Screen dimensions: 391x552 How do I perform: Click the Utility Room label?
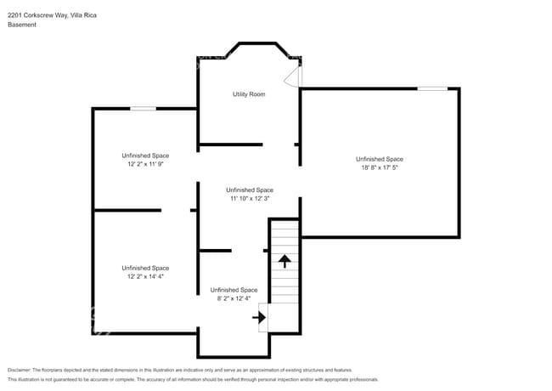249,94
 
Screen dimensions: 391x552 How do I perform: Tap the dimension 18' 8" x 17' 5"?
379,168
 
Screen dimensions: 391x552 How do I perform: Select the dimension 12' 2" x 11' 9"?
144,165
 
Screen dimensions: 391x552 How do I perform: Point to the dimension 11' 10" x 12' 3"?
249,199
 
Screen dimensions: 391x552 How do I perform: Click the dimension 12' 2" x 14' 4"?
144,277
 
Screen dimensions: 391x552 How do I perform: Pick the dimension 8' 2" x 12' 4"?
234,299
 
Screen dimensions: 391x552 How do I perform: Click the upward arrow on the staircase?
285,260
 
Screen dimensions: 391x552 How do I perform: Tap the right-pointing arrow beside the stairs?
260,318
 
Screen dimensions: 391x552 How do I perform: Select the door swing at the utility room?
293,76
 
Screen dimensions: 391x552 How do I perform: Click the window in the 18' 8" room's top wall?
432,88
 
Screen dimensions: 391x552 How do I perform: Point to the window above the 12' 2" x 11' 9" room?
143,108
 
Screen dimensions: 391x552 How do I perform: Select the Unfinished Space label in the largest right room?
379,159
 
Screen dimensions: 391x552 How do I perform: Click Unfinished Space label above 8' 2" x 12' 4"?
234,290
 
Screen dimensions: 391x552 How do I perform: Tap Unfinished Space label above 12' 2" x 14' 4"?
144,268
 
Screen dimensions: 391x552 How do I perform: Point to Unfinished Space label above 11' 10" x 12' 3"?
249,190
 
